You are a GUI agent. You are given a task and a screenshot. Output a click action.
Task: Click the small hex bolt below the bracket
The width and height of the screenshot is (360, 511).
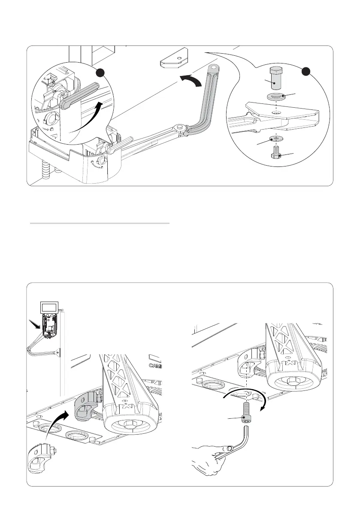(x=275, y=152)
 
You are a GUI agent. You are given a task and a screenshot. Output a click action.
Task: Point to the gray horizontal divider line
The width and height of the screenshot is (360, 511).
(x=100, y=224)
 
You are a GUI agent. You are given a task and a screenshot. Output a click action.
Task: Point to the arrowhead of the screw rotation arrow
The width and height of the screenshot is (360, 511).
(x=261, y=408)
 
